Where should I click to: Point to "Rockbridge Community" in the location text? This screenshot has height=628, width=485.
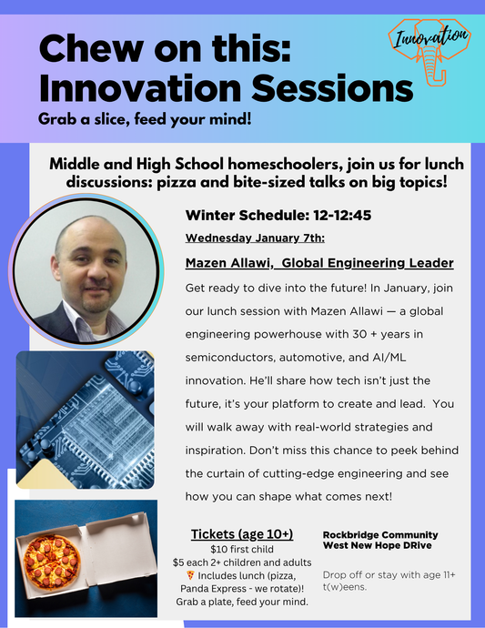click(380, 534)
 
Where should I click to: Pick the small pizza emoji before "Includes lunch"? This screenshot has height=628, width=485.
click(189, 575)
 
